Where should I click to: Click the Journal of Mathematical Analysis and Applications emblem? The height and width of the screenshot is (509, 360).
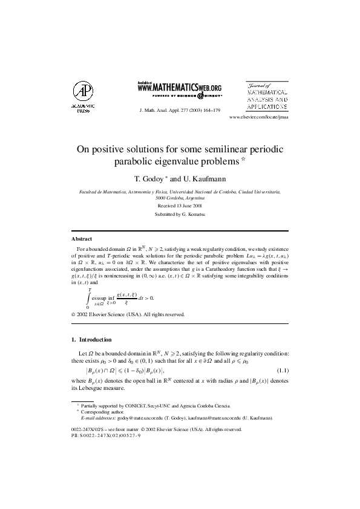(266, 95)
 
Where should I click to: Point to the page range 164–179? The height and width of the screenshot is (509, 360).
(210, 111)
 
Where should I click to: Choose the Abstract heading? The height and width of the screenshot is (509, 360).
(82, 239)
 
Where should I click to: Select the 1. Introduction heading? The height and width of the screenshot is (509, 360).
(91, 340)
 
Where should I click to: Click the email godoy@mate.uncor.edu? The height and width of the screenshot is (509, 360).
(143, 418)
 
